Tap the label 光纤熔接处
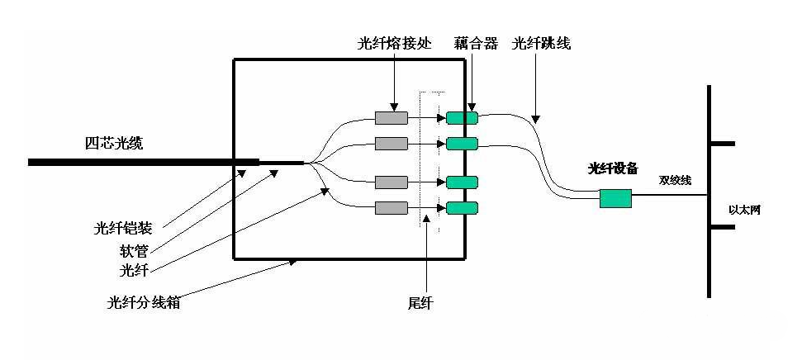click(x=394, y=44)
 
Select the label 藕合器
click(x=476, y=44)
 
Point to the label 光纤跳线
click(x=541, y=44)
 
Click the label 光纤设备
click(x=612, y=168)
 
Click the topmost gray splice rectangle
click(x=391, y=117)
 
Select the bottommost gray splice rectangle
click(x=391, y=207)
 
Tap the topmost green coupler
click(x=462, y=117)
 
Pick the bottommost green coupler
click(x=462, y=207)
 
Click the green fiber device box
click(x=615, y=198)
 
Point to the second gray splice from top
click(x=391, y=144)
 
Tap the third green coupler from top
click(x=462, y=182)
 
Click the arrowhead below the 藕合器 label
click(x=472, y=107)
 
